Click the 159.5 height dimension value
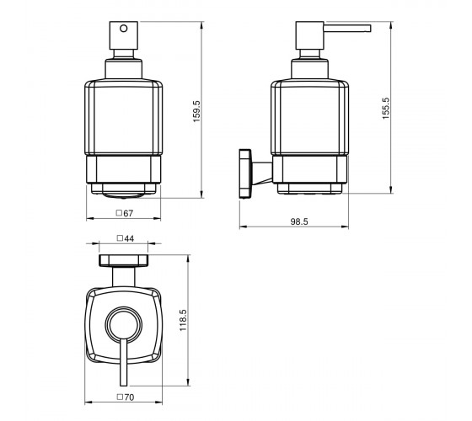pyautogui.click(x=196, y=111)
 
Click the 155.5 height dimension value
pyautogui.click(x=386, y=109)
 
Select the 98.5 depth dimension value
pyautogui.click(x=299, y=221)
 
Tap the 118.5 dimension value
pyautogui.click(x=183, y=321)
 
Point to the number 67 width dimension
pyautogui.click(x=128, y=213)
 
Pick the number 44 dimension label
pyautogui.click(x=129, y=238)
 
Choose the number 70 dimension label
pyautogui.click(x=129, y=397)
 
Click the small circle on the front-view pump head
pyautogui.click(x=123, y=29)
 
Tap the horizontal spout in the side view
pyautogui.click(x=347, y=29)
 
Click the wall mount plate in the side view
pyautogui.click(x=245, y=173)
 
